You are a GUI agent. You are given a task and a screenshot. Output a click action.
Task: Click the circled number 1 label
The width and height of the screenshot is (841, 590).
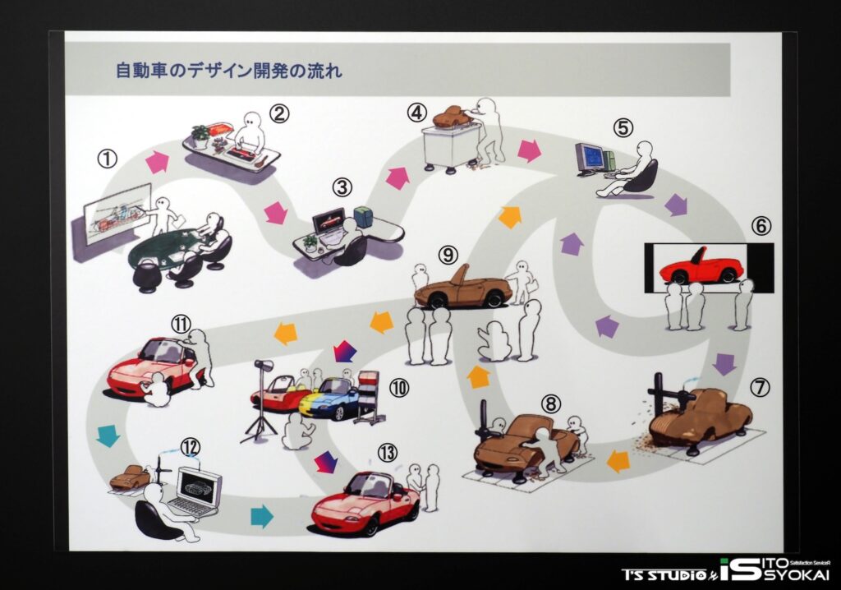tap(108, 159)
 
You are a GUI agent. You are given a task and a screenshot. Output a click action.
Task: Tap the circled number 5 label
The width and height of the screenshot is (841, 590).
tap(623, 127)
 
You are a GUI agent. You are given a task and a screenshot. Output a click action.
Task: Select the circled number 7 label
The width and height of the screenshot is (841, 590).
tap(760, 386)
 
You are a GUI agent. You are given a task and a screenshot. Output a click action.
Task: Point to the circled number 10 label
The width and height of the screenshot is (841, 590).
tap(398, 388)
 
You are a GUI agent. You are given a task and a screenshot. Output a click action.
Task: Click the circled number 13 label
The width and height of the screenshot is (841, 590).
tap(388, 453)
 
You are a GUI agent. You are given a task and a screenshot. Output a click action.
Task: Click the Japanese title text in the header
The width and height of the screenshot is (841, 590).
tap(229, 71)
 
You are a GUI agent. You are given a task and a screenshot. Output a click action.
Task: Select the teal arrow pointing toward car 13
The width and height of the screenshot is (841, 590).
tap(262, 516)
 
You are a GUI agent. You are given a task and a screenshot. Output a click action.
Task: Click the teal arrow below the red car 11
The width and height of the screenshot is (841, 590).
tap(108, 435)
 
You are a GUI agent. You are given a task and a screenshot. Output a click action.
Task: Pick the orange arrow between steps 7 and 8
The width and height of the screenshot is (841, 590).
tap(618, 461)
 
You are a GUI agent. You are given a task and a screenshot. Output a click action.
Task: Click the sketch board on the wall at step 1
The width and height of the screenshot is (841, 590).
tap(117, 214)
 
